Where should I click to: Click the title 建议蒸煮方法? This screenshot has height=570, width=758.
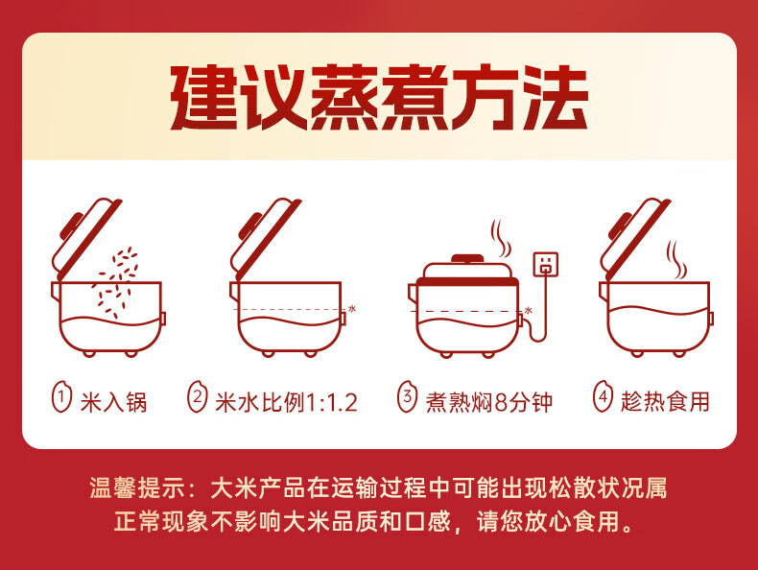click(379, 98)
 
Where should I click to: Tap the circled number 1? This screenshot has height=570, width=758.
click(61, 398)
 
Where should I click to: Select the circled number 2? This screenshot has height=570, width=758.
click(198, 398)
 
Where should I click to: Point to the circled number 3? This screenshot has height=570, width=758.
click(407, 398)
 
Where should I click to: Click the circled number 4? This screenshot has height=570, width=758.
click(603, 398)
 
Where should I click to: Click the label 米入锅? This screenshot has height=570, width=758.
click(113, 402)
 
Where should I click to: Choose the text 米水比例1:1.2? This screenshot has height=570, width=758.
click(286, 402)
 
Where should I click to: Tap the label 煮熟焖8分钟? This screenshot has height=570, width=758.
click(488, 402)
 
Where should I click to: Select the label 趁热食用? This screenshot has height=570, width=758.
click(665, 402)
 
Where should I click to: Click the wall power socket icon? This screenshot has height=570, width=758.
click(546, 265)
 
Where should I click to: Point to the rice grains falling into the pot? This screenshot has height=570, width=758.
click(115, 282)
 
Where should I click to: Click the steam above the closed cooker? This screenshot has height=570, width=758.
click(500, 238)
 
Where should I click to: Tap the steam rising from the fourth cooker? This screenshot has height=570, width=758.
click(676, 260)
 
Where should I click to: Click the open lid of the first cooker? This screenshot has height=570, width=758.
click(86, 238)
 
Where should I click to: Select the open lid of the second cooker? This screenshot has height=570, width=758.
click(265, 238)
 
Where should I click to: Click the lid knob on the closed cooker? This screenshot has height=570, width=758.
click(466, 259)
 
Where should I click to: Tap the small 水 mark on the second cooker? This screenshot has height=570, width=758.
click(352, 308)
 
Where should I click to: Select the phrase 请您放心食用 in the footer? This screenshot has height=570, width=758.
click(548, 522)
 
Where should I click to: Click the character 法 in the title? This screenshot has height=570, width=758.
click(556, 98)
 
